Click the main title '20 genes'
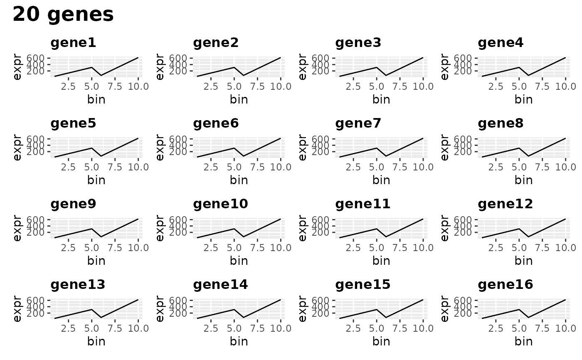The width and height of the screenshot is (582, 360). pos(63,15)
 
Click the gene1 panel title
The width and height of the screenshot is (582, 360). pos(73,43)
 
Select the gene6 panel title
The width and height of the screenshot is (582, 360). pos(216,123)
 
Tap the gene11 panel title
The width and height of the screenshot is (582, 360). pos(363,204)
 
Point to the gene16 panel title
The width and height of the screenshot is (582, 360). pos(505,285)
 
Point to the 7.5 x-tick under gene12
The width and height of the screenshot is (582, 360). pos(543,248)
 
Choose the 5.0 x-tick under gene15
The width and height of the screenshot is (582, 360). pos(376,328)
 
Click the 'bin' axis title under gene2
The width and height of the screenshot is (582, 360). pos(239,99)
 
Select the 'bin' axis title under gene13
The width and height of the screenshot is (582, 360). pos(96,341)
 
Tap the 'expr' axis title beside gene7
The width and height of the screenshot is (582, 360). pos(302,147)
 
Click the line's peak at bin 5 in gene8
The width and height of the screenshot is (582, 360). pos(519,148)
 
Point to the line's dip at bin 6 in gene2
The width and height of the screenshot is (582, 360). pos(243,75)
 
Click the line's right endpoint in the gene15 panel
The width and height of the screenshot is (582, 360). pos(423,300)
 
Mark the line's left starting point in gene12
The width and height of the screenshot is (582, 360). pos(482,237)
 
